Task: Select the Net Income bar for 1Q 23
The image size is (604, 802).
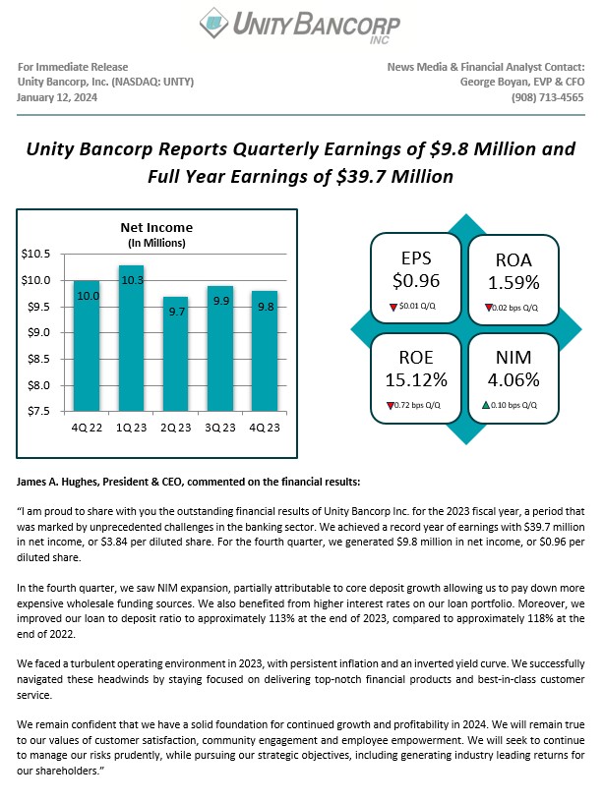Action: [x=131, y=339]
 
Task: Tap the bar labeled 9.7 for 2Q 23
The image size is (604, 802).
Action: [x=176, y=354]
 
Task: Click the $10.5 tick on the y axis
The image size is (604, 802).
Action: [x=35, y=254]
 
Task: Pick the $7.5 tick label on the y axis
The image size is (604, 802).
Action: [x=35, y=410]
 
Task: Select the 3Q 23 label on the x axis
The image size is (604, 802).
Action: [x=220, y=427]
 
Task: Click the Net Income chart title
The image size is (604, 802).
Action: [x=156, y=228]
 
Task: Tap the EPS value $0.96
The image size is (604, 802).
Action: [x=415, y=281]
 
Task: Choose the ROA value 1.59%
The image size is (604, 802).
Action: [x=513, y=283]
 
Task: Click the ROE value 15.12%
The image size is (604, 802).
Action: [x=416, y=379]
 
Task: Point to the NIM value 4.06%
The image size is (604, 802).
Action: [x=513, y=379]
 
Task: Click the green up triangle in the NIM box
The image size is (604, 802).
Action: [x=486, y=404]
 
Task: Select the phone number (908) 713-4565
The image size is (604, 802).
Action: [x=548, y=97]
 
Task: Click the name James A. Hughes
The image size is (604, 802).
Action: [x=58, y=482]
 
